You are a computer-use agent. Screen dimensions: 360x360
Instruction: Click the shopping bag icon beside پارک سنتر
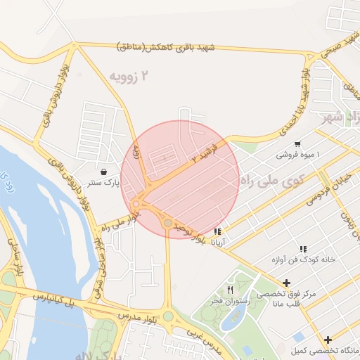pos(104,171)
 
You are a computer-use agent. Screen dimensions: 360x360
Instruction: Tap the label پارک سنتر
pos(104,183)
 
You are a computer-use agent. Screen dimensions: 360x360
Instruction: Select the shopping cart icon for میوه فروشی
pos(298,143)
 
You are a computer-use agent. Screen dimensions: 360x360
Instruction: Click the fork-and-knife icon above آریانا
pos(217,231)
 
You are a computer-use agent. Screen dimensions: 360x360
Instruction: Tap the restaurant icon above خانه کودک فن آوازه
pos(303,249)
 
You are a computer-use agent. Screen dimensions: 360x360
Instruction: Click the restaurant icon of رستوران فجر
pos(230,290)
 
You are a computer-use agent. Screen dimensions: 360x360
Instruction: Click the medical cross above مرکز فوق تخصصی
pos(286,283)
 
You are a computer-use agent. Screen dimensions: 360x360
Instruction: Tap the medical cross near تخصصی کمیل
pos(328,340)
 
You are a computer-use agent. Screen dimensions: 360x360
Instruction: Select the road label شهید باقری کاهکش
pos(167,47)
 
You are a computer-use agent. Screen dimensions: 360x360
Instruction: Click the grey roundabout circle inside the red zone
pos(168,223)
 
